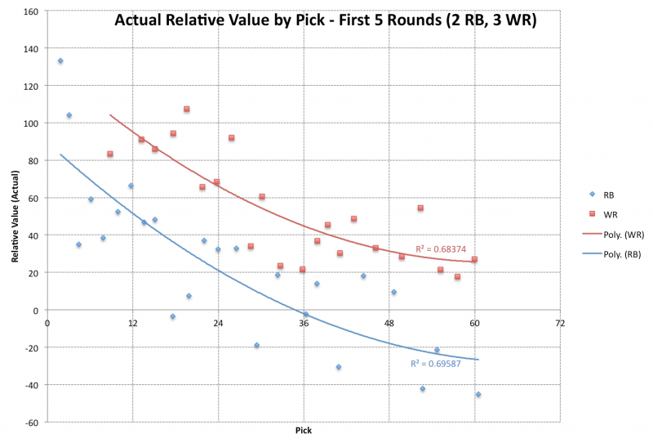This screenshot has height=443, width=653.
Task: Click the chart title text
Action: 325,20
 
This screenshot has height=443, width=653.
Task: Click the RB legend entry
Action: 609,196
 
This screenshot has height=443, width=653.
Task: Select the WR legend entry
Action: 610,215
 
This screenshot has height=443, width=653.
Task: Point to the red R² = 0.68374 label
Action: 441,248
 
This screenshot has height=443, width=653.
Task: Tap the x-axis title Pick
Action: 303,430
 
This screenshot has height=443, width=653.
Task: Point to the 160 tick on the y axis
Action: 31,11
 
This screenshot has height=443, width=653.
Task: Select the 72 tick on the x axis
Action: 560,323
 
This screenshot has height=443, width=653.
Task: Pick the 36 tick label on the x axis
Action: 304,323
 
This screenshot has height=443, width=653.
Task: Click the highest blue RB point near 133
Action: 60,60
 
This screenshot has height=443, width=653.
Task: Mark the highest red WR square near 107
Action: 187,109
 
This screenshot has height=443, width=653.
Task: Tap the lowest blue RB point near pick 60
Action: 478,394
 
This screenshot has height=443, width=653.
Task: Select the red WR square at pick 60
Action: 474,259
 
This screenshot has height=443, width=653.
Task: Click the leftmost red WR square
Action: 110,154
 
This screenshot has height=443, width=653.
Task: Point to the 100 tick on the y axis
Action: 31,123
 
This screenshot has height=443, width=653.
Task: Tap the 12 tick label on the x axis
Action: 132,323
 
